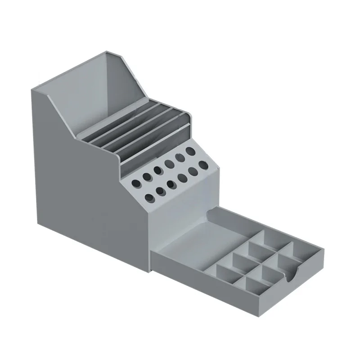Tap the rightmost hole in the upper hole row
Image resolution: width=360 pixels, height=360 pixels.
pos(191,149)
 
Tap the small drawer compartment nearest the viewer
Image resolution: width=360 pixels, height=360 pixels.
pos(254,282)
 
